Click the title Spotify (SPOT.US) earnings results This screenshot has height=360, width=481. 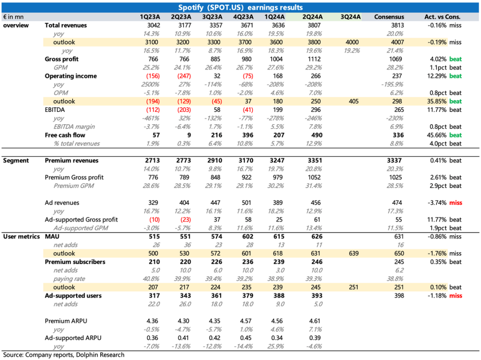tap(240, 8)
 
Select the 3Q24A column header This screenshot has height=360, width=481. tap(351, 17)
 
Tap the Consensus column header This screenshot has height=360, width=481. tap(389, 17)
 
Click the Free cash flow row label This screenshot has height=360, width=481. tap(65, 135)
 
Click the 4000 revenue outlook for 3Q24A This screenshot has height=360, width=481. tap(352, 42)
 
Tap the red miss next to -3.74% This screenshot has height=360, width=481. tap(456, 203)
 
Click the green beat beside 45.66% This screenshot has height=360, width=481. tap(456, 135)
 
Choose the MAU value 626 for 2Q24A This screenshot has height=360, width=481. tap(317, 237)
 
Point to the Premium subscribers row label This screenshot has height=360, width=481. tap(75, 262)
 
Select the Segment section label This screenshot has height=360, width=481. tap(16, 160)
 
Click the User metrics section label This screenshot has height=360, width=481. tap(21, 237)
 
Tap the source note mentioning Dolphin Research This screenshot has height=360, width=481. tap(64, 355)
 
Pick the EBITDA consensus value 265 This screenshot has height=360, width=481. tap(399, 110)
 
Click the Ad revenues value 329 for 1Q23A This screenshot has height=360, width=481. tap(153, 203)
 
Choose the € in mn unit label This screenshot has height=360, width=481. tap(13, 17)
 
